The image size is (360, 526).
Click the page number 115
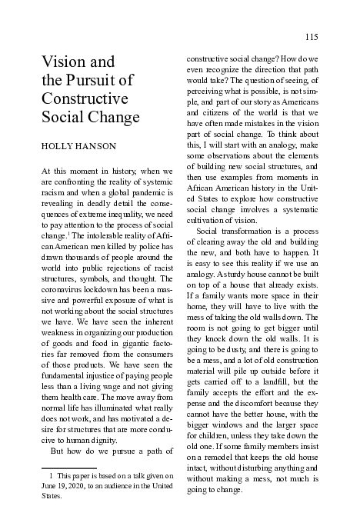311,37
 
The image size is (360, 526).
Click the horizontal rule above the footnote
68,468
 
